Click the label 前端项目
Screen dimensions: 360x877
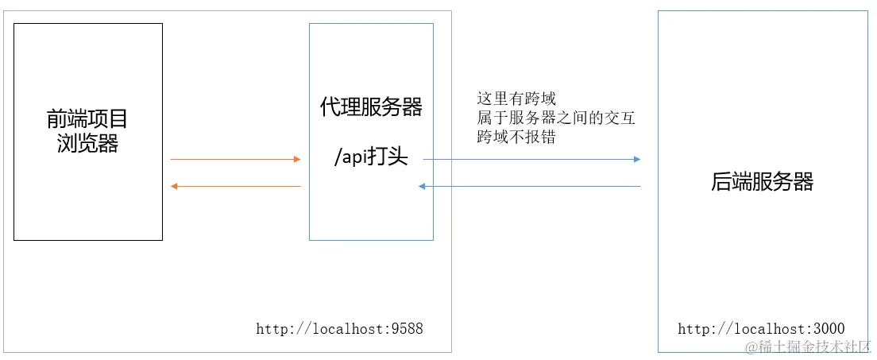pyautogui.click(x=87, y=120)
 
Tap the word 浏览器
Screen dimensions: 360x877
pyautogui.click(x=87, y=144)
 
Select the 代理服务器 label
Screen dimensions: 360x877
pyautogui.click(x=371, y=107)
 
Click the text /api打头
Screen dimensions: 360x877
pyautogui.click(x=371, y=157)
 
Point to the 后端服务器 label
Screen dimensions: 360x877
pyautogui.click(x=762, y=182)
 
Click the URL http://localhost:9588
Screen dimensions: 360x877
pyautogui.click(x=339, y=328)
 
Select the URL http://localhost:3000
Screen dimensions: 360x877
pyautogui.click(x=761, y=328)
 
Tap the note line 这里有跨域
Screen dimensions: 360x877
pyautogui.click(x=516, y=99)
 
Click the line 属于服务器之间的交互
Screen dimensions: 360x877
pyautogui.click(x=556, y=118)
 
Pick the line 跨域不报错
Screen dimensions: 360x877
pyautogui.click(x=516, y=137)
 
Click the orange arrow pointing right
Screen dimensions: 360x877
pyautogui.click(x=235, y=160)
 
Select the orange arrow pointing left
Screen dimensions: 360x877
pyautogui.click(x=235, y=187)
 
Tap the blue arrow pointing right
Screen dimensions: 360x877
pyautogui.click(x=531, y=160)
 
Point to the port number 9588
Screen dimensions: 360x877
pyautogui.click(x=407, y=328)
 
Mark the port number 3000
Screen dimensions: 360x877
pyautogui.click(x=829, y=328)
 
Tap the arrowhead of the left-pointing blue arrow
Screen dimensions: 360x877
pyautogui.click(x=423, y=187)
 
